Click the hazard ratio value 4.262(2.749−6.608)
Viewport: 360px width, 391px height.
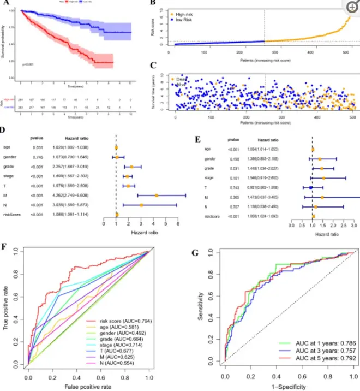coord(60,195)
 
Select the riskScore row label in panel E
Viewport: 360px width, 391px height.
coord(212,216)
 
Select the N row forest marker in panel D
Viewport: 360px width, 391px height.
coord(141,205)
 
